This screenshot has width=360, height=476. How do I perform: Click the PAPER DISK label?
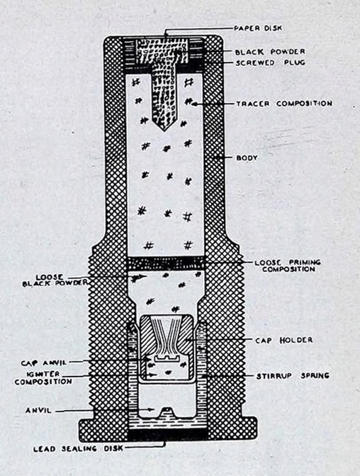[x=258, y=28]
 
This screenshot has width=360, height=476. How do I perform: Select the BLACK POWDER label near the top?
[x=270, y=52]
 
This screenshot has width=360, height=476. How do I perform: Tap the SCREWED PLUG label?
[x=270, y=63]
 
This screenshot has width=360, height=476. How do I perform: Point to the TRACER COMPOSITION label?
[x=284, y=104]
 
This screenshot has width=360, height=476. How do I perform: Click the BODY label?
[x=247, y=158]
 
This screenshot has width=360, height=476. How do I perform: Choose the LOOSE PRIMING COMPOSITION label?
[x=288, y=265]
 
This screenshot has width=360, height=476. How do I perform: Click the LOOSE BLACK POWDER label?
[x=55, y=280]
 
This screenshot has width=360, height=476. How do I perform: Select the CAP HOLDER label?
[x=283, y=340]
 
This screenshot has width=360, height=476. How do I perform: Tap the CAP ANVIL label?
[x=44, y=363]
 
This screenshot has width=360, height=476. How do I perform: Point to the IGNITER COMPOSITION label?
[x=43, y=378]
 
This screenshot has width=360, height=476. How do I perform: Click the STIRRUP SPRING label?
[x=293, y=376]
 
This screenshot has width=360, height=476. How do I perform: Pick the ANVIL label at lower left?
[x=38, y=411]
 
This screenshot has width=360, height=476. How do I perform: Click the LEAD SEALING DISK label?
[x=78, y=448]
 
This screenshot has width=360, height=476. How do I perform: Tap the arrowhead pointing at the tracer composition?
[x=195, y=104]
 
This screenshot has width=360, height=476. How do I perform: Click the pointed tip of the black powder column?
[x=164, y=131]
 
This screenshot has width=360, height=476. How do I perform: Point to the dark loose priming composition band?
[x=166, y=263]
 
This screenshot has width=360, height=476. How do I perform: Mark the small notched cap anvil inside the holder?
[x=166, y=358]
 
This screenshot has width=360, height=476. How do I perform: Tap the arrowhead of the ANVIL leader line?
[x=152, y=410]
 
